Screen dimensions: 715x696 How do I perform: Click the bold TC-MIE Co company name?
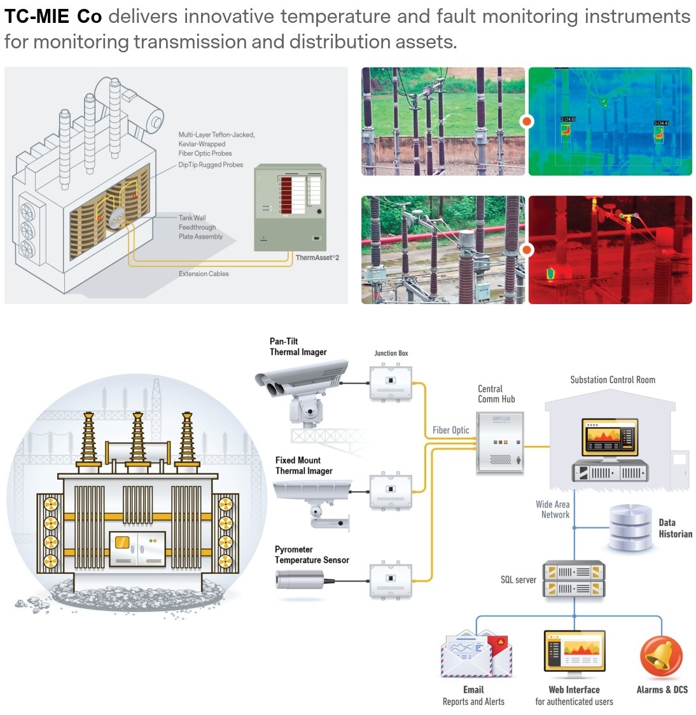coord(53,17)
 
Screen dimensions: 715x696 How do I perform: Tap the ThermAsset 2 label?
coord(317,258)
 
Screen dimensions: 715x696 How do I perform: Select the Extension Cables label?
coord(204,274)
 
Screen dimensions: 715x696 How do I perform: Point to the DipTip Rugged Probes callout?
coord(211,165)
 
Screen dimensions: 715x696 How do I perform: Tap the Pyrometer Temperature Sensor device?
coord(300,579)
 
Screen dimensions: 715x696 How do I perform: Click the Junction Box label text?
coord(391,353)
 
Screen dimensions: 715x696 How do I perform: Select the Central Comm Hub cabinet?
coord(500,442)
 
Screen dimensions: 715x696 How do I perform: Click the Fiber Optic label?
coord(450,430)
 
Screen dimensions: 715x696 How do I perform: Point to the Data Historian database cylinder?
coord(630,527)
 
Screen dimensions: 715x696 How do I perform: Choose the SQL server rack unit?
coord(573,580)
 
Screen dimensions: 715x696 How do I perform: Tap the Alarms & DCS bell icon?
coord(661,657)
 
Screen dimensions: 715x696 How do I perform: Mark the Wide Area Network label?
coord(553,510)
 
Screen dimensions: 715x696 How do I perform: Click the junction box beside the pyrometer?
coord(391,580)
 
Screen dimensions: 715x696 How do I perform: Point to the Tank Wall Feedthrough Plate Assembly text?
coord(200,227)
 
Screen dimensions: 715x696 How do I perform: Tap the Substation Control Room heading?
coord(612,380)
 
